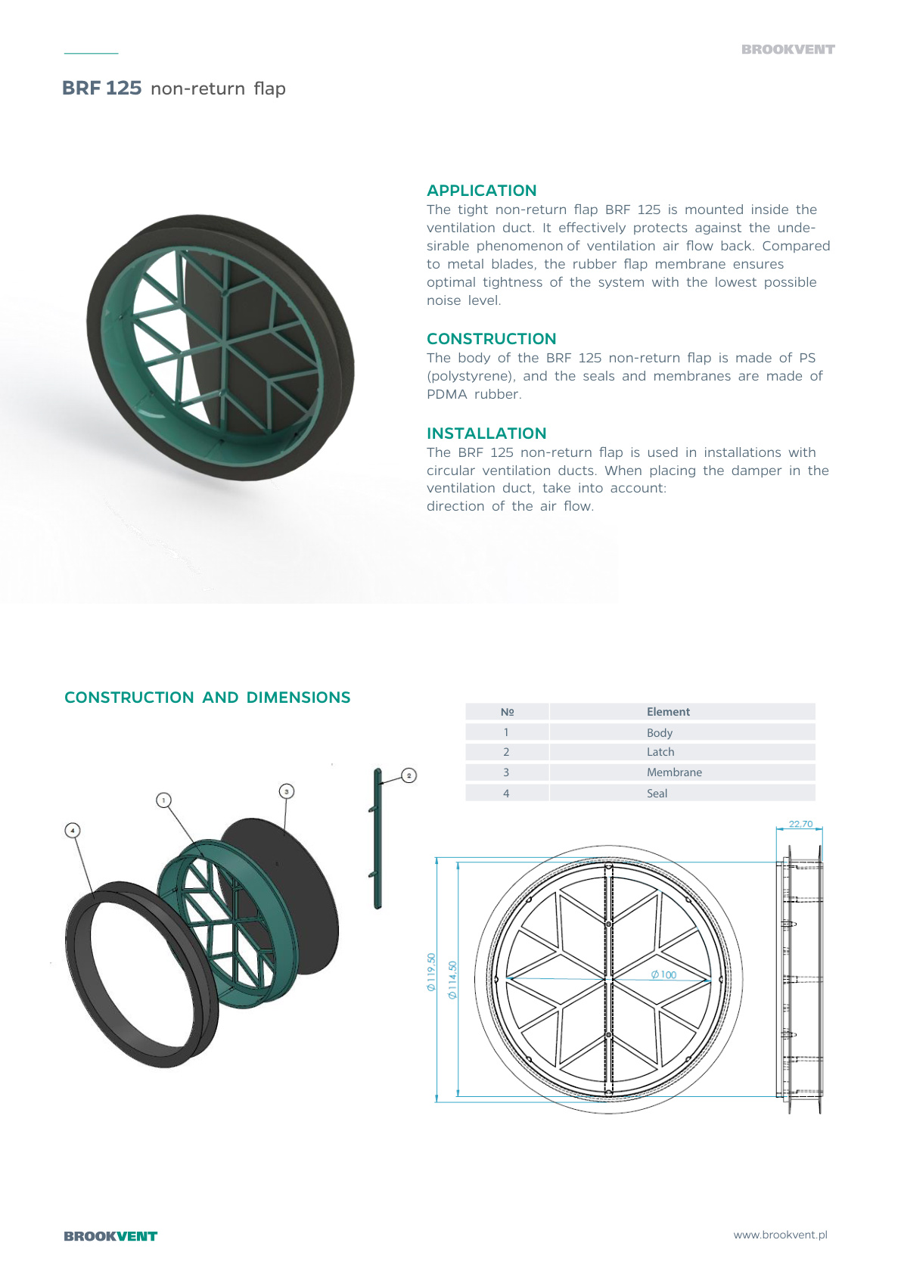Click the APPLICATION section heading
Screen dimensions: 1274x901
481,191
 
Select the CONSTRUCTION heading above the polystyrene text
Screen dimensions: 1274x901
491,339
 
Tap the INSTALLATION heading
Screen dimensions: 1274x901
486,433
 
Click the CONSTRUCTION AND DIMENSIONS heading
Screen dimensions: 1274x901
207,698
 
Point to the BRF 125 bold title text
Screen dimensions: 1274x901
102,89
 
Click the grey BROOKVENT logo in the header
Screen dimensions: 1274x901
788,50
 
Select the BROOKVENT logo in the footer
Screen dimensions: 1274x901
110,1236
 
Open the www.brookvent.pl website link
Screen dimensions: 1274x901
780,1235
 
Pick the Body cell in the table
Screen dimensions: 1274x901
660,732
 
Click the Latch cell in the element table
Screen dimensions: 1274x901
660,752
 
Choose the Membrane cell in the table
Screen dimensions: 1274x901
674,772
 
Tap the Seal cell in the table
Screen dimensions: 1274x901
657,793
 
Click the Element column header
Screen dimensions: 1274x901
668,712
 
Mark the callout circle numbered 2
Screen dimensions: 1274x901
409,775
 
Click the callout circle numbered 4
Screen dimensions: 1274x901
73,831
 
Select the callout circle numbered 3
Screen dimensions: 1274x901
287,791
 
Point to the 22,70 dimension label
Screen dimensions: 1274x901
800,824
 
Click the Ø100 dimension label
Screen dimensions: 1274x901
663,974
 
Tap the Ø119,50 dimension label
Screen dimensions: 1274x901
431,972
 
